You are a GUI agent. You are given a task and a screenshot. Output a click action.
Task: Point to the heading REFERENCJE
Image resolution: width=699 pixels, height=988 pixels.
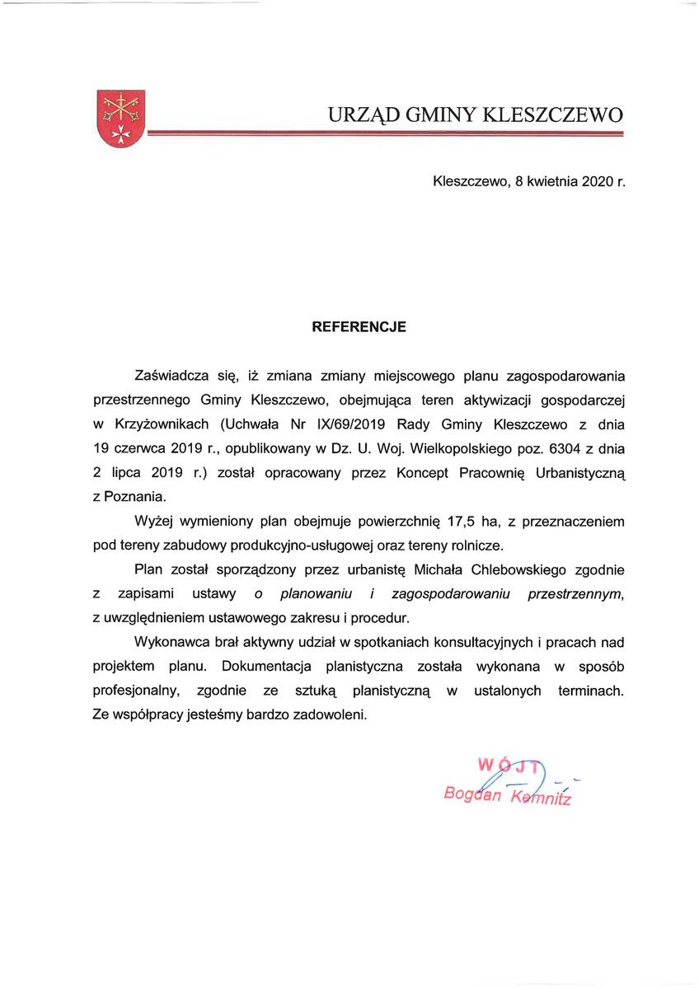click(359, 326)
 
